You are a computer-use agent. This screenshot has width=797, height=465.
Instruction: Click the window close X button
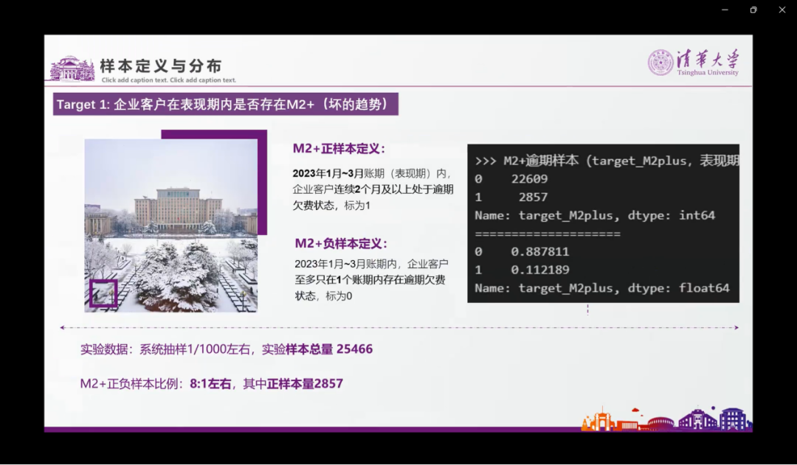coord(782,10)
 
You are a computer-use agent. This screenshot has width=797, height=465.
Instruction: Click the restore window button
coord(753,10)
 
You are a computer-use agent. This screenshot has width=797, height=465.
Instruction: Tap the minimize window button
coord(725,10)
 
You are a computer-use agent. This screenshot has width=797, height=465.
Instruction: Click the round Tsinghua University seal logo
coord(660,63)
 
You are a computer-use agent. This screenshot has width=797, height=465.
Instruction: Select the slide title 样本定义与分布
coord(161,66)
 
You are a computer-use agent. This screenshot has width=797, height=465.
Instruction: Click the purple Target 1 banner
coord(227,104)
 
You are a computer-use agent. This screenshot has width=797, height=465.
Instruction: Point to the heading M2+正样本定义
coord(339,148)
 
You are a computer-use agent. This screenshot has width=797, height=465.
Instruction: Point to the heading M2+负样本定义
coord(341,243)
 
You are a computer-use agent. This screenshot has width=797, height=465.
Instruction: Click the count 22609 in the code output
coord(529,179)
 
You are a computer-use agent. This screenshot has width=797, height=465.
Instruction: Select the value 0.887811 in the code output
coord(540,252)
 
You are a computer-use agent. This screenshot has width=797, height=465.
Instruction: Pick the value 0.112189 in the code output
coord(540,270)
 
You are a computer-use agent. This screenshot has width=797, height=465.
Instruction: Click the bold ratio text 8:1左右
coord(210,384)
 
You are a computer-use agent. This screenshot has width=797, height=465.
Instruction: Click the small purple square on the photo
coord(103,293)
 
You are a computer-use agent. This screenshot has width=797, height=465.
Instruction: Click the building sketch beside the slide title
coord(72,69)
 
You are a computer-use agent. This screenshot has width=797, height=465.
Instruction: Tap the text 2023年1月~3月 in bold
coord(328,174)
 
